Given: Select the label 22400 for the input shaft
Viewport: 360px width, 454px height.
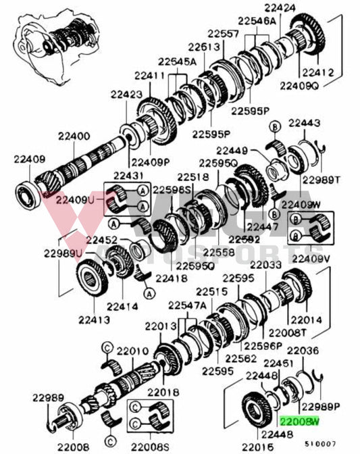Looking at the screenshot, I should pos(73,136).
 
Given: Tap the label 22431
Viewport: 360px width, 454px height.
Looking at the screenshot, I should pos(122,175).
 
